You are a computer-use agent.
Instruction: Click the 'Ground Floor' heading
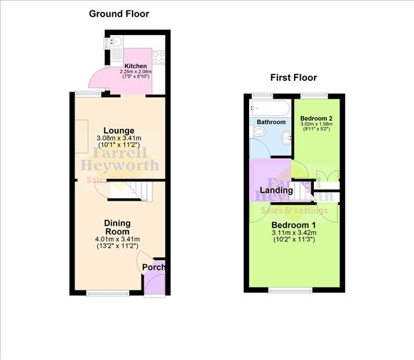click(x=119, y=13)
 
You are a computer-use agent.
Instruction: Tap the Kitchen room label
click(x=135, y=66)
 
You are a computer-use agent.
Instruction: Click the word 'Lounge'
click(x=119, y=130)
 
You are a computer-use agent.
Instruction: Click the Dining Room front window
click(x=108, y=293)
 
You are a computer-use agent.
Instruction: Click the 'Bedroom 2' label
click(x=317, y=118)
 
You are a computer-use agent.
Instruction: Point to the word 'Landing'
click(x=276, y=190)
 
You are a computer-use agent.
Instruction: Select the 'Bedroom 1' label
click(x=293, y=226)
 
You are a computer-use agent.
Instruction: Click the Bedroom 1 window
click(x=290, y=289)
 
